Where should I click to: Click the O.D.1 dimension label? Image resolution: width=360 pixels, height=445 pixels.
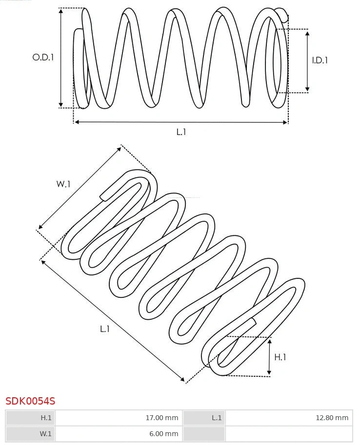pyautogui.click(x=43, y=57)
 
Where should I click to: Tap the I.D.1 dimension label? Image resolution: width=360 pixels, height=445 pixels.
pyautogui.click(x=320, y=60)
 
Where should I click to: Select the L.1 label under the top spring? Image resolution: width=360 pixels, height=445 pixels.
pyautogui.click(x=181, y=132)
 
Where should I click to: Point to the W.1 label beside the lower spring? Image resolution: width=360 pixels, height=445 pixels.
pyautogui.click(x=63, y=184)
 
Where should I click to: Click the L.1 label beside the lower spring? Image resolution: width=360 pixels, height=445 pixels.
pyautogui.click(x=105, y=329)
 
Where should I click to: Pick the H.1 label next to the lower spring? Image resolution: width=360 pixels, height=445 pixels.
pyautogui.click(x=280, y=357)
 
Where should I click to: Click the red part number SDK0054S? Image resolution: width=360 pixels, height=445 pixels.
pyautogui.click(x=30, y=401)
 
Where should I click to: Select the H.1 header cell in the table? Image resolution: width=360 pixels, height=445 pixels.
pyautogui.click(x=30, y=418)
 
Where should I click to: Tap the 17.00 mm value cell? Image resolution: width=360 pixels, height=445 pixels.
pyautogui.click(x=118, y=418)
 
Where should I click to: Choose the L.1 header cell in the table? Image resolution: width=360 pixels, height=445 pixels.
pyautogui.click(x=204, y=418)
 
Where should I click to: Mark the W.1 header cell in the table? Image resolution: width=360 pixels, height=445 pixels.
pyautogui.click(x=30, y=433)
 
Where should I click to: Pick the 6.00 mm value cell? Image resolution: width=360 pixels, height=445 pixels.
pyautogui.click(x=118, y=433)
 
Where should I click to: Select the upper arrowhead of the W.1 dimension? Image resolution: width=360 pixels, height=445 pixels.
pyautogui.click(x=120, y=148)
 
